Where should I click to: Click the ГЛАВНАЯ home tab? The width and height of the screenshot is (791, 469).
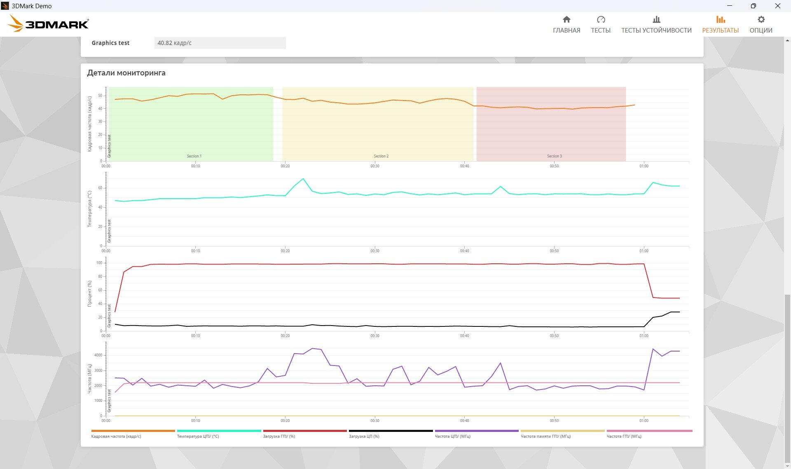566,24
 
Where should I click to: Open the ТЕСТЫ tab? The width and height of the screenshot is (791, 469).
601,24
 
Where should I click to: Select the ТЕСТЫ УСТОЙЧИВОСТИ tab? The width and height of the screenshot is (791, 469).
656,24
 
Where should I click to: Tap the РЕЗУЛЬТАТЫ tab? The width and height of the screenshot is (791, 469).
720,24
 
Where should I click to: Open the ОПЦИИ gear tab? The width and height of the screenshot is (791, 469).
761,24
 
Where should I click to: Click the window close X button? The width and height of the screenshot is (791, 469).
778,6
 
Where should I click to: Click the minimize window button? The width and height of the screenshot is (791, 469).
730,6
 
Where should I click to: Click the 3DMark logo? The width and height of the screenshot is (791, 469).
48,23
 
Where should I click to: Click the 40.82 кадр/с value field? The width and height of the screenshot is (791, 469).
220,43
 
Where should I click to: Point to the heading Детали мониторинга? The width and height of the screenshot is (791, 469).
126,73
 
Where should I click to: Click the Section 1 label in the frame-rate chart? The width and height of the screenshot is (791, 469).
194,156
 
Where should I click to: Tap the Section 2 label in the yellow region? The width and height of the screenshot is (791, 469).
381,156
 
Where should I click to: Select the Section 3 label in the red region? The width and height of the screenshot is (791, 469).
554,156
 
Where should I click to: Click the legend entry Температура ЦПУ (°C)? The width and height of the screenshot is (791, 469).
198,436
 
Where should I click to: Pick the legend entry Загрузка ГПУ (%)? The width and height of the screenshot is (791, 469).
279,436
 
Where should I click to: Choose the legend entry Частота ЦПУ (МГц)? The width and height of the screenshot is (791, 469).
452,436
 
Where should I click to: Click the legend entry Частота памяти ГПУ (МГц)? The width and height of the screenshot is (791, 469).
545,436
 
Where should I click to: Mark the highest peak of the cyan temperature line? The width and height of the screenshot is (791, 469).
303,178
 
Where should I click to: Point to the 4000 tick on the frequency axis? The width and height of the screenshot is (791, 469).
98,355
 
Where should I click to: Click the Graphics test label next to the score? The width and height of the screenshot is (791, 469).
110,43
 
